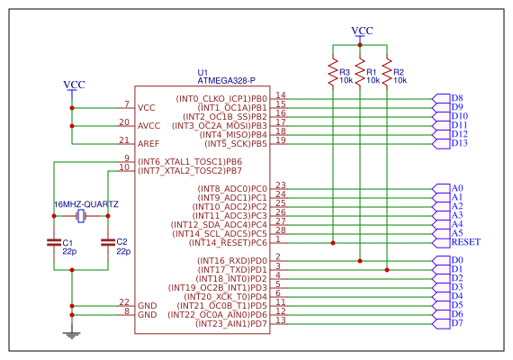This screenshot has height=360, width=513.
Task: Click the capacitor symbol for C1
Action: coord(54,242)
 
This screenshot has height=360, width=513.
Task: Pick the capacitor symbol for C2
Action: coord(108,242)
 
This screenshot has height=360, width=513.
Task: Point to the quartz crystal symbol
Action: coord(81,216)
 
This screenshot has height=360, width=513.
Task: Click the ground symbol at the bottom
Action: coord(72,335)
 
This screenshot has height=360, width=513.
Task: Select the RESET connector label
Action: coord(466,242)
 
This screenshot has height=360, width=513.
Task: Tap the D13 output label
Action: coord(460,143)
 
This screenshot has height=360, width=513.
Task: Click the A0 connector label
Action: coord(457,188)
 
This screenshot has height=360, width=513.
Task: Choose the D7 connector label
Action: coord(457,323)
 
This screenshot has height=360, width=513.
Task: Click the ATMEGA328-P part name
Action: coord(227,80)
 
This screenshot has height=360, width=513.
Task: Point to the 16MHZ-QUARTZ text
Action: coord(86,204)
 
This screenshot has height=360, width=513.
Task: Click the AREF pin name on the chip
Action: coord(148,144)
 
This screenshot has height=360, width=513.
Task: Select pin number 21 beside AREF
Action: coord(124,140)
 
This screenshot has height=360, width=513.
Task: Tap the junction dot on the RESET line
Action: coord(333,243)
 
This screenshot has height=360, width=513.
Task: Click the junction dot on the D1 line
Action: coord(387,270)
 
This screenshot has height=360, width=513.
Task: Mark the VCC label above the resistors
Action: coord(362,31)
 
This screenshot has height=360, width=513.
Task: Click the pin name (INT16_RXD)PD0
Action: coord(232,261)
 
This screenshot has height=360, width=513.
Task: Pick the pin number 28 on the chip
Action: coord(281,230)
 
